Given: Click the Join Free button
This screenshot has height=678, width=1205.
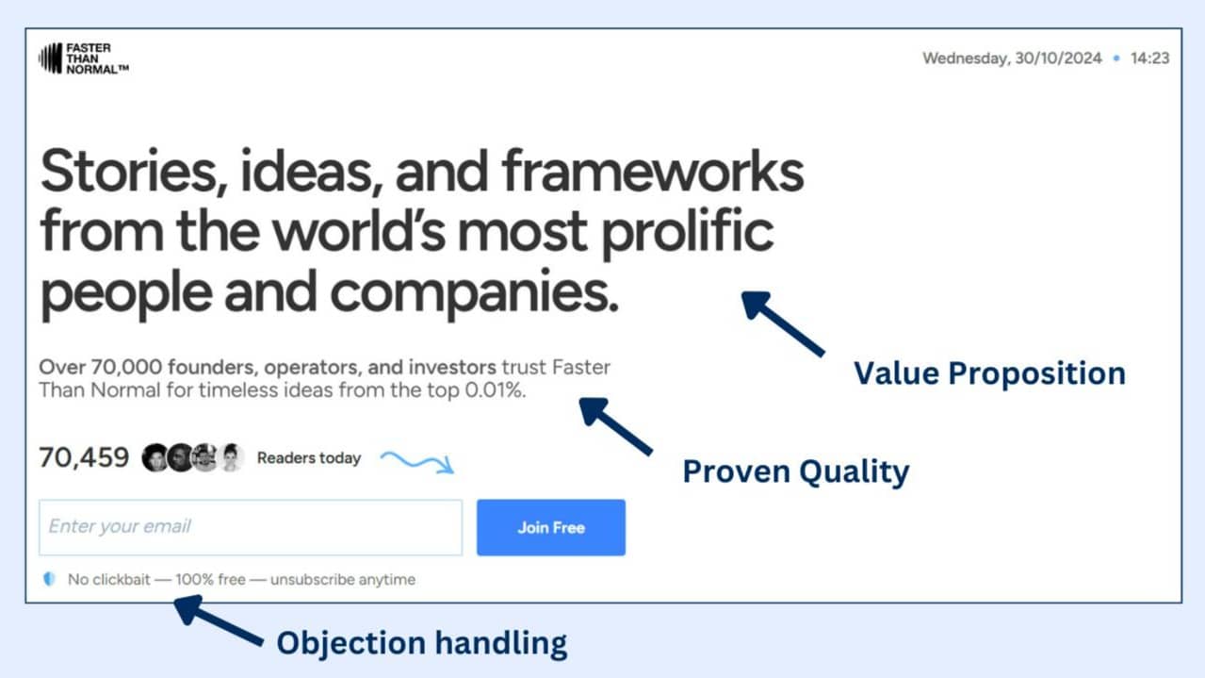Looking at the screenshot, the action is (x=551, y=527).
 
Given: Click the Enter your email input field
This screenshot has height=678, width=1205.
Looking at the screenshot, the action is (x=251, y=527).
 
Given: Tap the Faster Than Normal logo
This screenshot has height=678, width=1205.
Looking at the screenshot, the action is (x=84, y=58).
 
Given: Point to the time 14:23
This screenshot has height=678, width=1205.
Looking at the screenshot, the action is (x=1149, y=58).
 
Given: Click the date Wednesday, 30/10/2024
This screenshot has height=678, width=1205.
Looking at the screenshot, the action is (x=1012, y=58).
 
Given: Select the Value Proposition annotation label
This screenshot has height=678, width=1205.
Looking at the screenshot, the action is (x=989, y=373).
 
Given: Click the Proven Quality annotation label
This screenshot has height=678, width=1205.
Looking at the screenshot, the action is (x=795, y=472).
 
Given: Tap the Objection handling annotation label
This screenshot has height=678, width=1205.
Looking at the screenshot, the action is (x=422, y=643).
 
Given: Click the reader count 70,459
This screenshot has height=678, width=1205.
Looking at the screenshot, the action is (x=84, y=457).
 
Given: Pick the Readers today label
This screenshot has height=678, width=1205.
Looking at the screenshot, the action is (x=309, y=458).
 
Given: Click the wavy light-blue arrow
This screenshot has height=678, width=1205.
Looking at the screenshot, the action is (x=417, y=462).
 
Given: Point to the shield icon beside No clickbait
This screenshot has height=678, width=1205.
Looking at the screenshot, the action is (x=49, y=579).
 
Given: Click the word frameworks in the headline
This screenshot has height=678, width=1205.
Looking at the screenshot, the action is (x=653, y=172).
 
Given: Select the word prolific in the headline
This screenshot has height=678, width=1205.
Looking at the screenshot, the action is (x=687, y=233).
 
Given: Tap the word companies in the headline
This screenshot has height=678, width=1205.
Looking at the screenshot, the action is (x=474, y=292).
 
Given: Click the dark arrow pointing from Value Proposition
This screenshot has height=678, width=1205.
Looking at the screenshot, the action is (x=783, y=324).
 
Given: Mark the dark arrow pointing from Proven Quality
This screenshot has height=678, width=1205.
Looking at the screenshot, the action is (x=616, y=426).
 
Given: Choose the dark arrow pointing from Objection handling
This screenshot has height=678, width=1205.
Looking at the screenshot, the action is (x=219, y=620).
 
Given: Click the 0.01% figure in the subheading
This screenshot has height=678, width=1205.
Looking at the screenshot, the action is (x=495, y=389).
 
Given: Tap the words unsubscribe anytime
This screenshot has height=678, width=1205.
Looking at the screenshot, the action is (x=343, y=579).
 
